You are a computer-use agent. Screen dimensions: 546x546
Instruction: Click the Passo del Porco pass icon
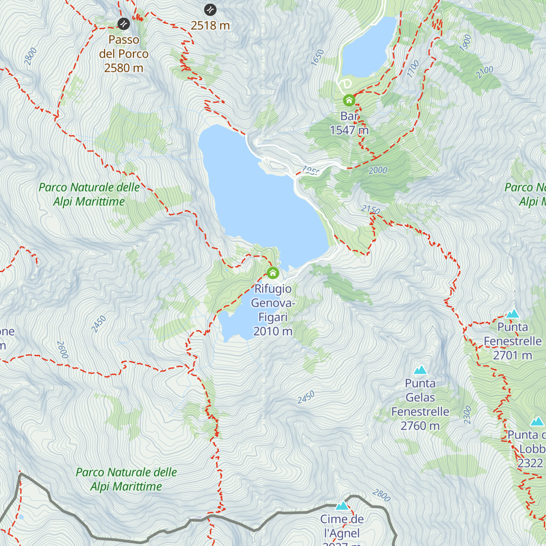(x=123, y=24)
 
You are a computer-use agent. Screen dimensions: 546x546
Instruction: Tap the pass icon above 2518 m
(x=210, y=10)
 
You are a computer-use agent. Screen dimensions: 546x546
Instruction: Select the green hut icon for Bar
(x=349, y=100)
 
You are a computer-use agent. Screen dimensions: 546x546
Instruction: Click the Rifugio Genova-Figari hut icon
(x=273, y=273)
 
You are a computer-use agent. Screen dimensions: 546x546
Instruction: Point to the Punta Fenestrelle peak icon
(x=513, y=313)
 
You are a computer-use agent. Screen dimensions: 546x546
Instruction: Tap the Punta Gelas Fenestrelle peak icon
(x=420, y=370)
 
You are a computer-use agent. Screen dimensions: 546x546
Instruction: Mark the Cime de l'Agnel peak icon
(x=342, y=506)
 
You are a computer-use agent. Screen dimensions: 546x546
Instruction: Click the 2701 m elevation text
(x=513, y=355)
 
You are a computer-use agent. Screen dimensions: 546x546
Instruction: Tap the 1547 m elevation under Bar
(x=349, y=130)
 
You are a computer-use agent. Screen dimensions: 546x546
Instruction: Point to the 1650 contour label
(x=317, y=58)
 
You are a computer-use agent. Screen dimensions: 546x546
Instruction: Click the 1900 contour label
(x=465, y=43)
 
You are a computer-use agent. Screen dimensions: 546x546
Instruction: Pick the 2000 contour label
(x=378, y=171)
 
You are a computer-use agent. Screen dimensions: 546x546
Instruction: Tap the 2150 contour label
(x=371, y=209)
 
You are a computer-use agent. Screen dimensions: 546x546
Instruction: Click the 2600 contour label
(x=62, y=349)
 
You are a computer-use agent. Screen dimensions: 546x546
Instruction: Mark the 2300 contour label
(x=468, y=415)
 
